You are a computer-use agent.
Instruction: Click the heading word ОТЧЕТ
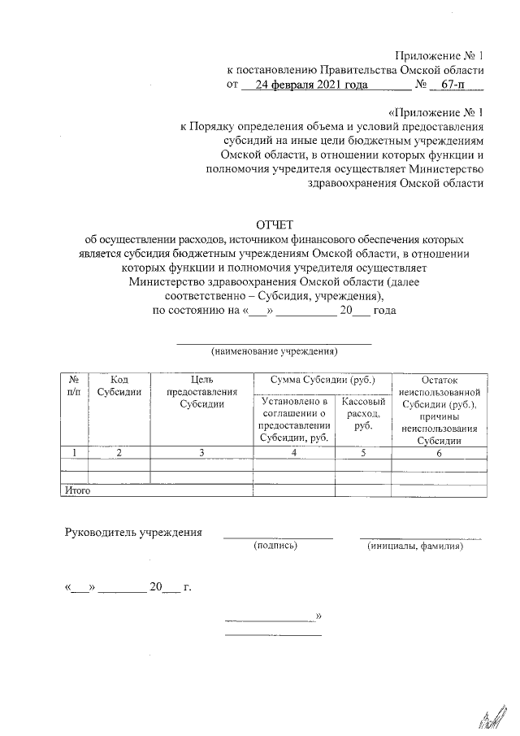[x=274, y=224]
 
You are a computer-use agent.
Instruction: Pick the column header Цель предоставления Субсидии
[x=201, y=391]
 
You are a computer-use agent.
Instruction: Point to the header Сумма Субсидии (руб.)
[x=322, y=380]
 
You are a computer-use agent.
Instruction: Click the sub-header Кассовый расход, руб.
[x=363, y=414]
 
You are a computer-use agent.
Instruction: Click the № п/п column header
[x=74, y=385]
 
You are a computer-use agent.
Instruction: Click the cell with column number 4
[x=293, y=453]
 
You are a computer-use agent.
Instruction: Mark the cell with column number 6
[x=440, y=453]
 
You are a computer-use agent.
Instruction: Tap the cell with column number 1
[x=74, y=453]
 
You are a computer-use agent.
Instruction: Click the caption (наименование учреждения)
[x=274, y=352]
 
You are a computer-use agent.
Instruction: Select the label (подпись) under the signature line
[x=276, y=547]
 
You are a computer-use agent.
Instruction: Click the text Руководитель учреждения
[x=133, y=533]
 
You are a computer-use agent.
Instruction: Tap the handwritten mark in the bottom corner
[x=487, y=716]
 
